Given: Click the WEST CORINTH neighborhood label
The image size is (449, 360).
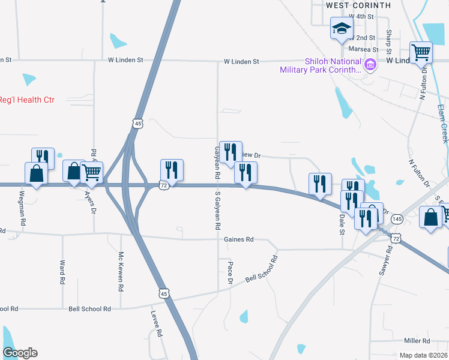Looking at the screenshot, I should coord(358,5).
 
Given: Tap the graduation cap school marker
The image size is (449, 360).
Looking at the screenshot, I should coord(342,28).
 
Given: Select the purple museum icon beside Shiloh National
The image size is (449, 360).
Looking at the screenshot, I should coord(370,65).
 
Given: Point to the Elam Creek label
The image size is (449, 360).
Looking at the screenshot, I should coord(442,124).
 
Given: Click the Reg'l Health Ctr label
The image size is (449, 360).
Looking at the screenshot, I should coord(27,100).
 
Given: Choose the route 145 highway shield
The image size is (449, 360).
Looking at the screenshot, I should coord(397,220).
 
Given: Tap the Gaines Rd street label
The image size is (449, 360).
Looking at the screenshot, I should coord(239,239).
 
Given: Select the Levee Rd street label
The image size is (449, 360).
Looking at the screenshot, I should coord(159,324).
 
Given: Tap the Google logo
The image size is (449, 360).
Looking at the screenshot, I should coord(20,353).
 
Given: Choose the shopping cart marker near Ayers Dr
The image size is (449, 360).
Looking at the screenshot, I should coord(92,172).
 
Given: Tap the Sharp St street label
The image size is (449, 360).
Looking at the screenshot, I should coord(390,40).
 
